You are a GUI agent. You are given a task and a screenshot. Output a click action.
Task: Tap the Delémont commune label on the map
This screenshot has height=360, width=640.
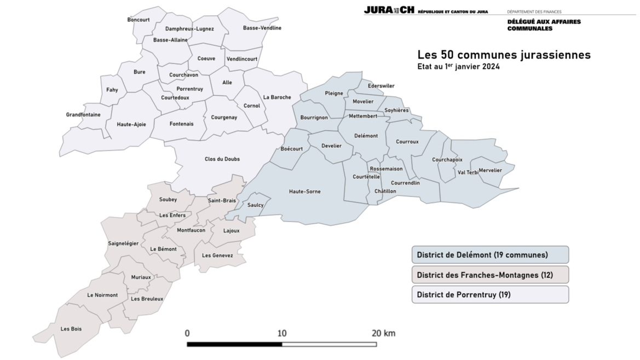pyautogui.click(x=366, y=136)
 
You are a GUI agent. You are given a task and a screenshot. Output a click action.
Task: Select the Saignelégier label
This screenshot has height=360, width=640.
pyautogui.click(x=123, y=243)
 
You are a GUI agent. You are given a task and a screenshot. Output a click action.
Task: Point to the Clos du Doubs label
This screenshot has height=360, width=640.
pyautogui.click(x=222, y=159)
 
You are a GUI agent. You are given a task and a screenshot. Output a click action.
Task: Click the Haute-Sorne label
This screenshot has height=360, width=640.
pyautogui.click(x=305, y=191)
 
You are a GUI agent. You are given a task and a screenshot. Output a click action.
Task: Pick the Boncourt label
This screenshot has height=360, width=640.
pyautogui.click(x=139, y=20)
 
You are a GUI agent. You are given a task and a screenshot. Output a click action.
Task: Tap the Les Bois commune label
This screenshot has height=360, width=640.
pyautogui.click(x=71, y=329)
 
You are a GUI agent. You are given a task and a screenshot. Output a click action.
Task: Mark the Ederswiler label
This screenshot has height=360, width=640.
pyautogui.click(x=381, y=86)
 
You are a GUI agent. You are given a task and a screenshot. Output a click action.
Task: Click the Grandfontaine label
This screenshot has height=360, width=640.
pyautogui.click(x=83, y=115)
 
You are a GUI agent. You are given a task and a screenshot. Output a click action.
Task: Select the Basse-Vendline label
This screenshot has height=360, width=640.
pyautogui.click(x=262, y=28)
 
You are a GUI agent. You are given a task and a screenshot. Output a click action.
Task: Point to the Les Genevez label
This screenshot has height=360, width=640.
pyautogui.click(x=217, y=256)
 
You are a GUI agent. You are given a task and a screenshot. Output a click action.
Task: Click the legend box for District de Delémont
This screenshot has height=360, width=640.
pyautogui.click(x=490, y=255)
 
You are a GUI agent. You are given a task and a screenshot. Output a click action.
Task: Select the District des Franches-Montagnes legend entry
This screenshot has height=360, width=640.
pyautogui.click(x=490, y=275)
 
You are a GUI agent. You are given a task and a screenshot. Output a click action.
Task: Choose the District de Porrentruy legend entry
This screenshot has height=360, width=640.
pyautogui.click(x=490, y=294)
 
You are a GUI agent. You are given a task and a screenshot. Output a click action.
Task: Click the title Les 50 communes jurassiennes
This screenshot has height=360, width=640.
pyautogui.click(x=504, y=55)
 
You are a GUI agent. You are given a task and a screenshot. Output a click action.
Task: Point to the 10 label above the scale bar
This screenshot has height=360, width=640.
pyautogui.click(x=282, y=333)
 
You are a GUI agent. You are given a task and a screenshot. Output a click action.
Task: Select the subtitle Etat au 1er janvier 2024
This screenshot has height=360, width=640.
pyautogui.click(x=458, y=67)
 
